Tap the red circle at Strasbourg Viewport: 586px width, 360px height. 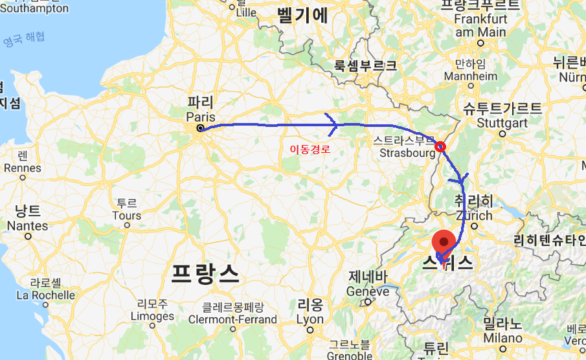tap(440, 146)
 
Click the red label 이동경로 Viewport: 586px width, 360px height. tap(310, 150)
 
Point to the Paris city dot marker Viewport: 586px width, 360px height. tap(200, 128)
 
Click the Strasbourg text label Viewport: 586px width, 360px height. tap(407, 153)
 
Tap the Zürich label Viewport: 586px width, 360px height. tap(473, 215)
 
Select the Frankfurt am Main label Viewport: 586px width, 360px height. tap(480, 26)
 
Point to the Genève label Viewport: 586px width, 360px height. tap(368, 291)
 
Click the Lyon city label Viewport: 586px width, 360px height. tap(310, 319)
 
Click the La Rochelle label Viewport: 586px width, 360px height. tap(45, 295)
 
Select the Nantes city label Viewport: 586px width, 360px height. tap(27, 225)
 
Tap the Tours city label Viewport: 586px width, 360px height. tap(126, 216)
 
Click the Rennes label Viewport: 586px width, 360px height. tap(22, 168)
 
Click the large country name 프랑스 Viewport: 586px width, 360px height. tap(205, 274)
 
